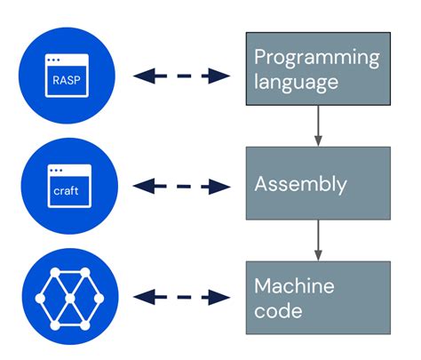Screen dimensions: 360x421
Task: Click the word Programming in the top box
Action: [316, 59]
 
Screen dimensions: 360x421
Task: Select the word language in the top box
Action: [296, 83]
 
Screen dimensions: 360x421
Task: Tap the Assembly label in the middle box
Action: [300, 185]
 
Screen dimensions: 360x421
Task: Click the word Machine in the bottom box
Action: [294, 287]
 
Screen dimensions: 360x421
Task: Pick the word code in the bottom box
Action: [278, 311]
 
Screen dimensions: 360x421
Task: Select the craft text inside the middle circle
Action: [66, 190]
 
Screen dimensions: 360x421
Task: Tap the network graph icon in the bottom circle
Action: [67, 297]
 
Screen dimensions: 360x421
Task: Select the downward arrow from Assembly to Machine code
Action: [317, 240]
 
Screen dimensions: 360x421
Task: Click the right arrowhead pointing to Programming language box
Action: [219, 76]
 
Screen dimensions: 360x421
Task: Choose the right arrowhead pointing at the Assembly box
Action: [219, 186]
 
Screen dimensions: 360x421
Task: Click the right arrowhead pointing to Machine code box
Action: [219, 296]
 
